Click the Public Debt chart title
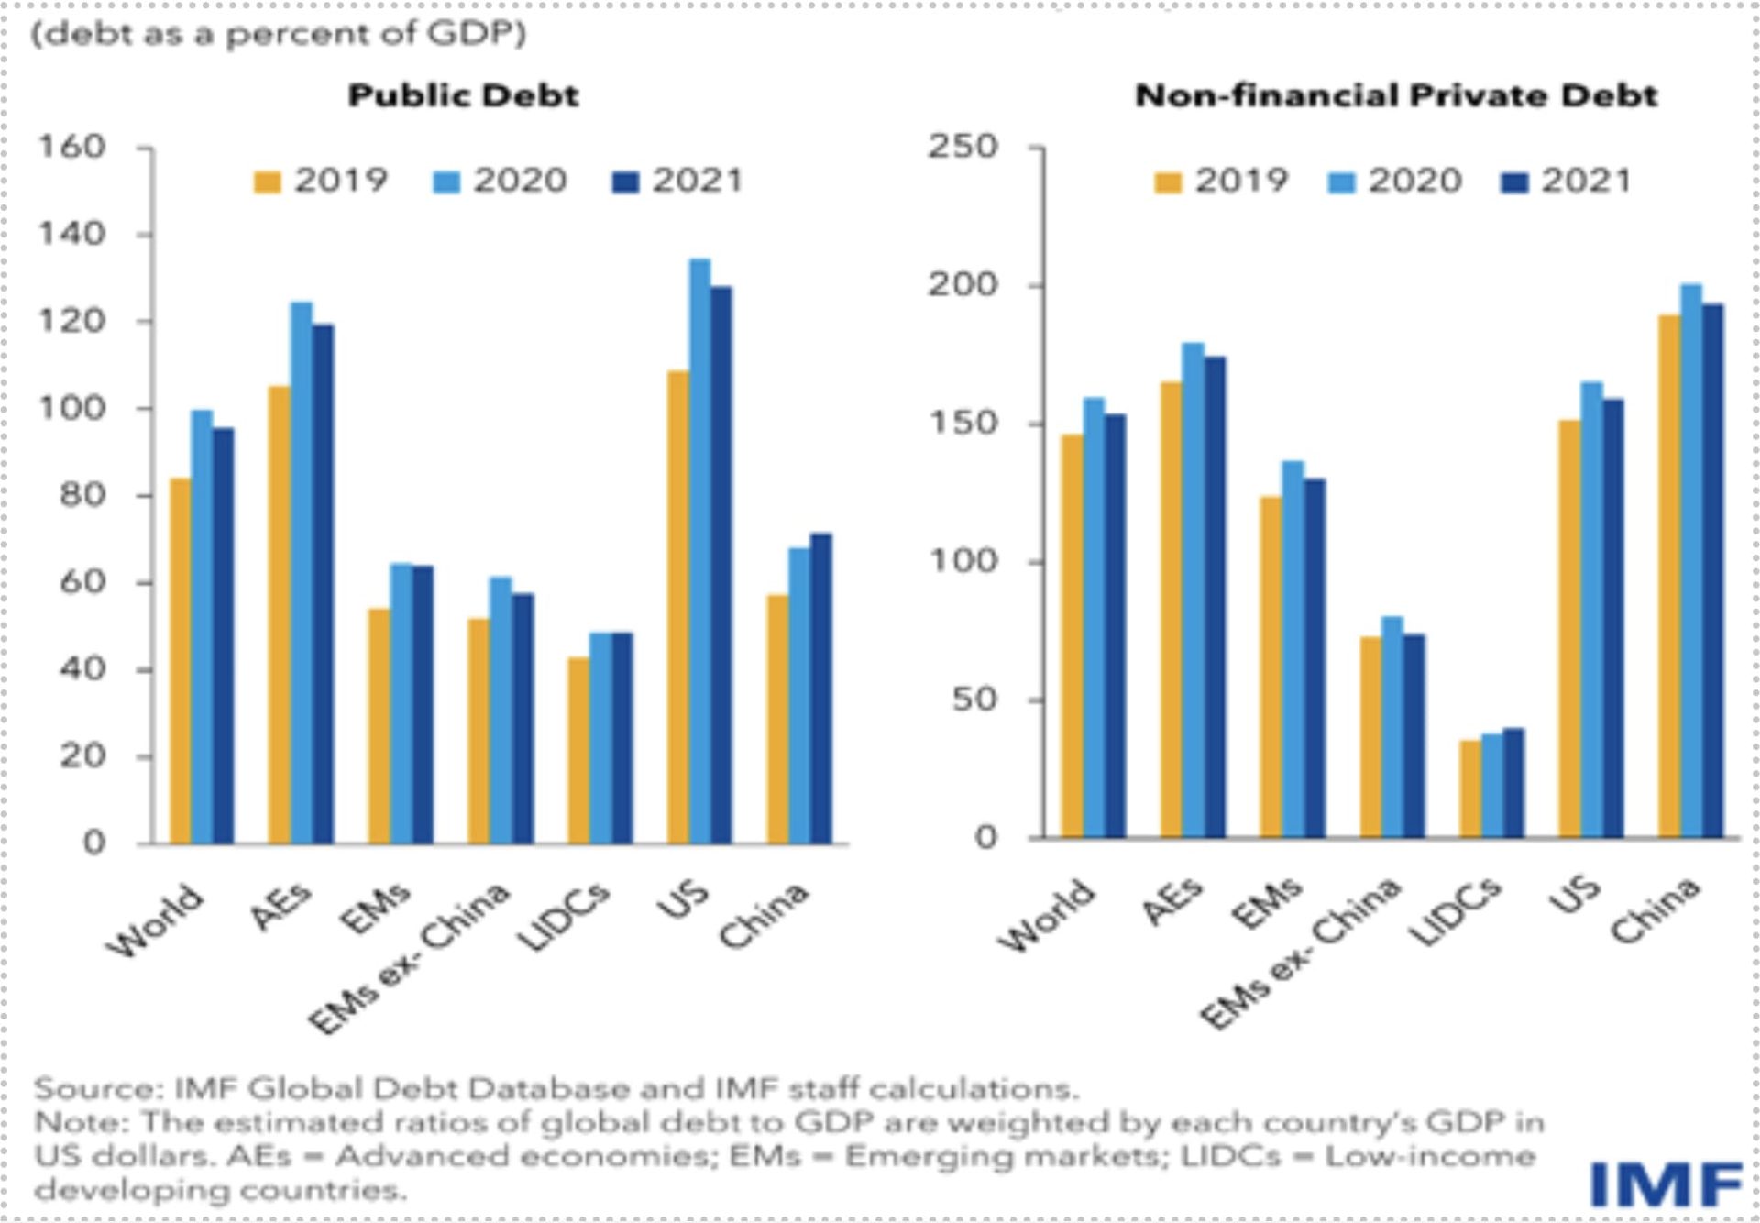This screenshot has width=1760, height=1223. click(463, 95)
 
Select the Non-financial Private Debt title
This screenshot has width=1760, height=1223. click(1395, 95)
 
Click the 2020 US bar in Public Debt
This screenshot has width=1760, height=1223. click(699, 550)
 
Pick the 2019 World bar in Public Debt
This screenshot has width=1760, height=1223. click(181, 660)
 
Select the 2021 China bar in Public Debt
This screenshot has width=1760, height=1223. click(821, 688)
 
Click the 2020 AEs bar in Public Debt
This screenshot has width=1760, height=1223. click(302, 573)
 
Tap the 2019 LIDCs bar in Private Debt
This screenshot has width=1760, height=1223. click(1469, 788)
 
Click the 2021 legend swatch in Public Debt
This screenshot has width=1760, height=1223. click(625, 182)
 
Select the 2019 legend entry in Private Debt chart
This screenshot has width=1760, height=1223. click(1222, 182)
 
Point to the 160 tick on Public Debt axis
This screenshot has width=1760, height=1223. click(71, 147)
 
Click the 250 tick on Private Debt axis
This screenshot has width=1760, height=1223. click(962, 147)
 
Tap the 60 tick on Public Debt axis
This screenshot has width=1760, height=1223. click(82, 582)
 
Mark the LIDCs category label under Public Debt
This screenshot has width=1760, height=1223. click(563, 916)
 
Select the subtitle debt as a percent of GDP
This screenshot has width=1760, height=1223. click(279, 34)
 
